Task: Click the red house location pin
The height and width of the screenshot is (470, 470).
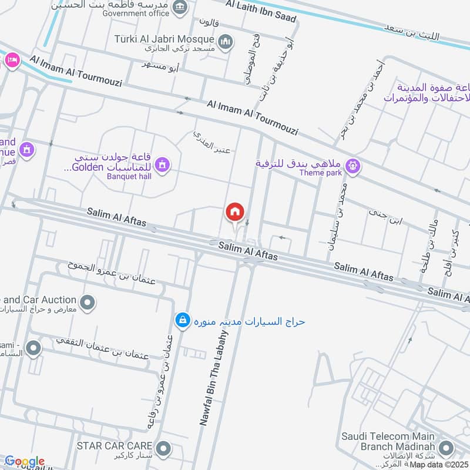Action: [235, 211]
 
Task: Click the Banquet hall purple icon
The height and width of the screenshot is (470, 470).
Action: [163, 166]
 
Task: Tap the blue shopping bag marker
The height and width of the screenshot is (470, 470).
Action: [183, 320]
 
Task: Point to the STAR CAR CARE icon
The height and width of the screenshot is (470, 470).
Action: [164, 449]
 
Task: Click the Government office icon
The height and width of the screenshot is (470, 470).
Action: [181, 7]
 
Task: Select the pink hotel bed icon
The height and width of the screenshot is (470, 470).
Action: [12, 59]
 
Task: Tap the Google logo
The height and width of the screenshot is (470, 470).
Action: [24, 462]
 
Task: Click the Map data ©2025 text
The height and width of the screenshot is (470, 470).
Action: [439, 465]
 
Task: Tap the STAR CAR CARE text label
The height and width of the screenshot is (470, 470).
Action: [115, 445]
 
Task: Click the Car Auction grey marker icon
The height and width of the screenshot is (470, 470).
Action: [88, 303]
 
